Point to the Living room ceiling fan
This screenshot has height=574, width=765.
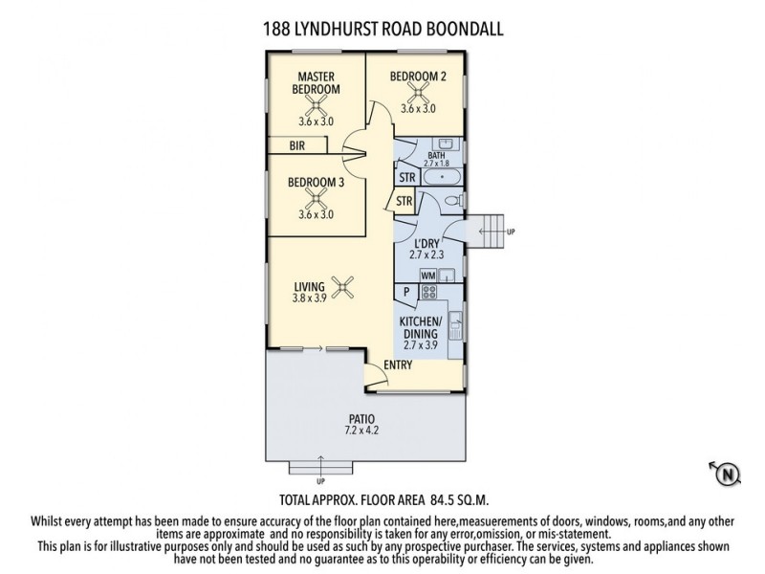(x=342, y=285)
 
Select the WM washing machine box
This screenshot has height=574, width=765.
(x=427, y=275)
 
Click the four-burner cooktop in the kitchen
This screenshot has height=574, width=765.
(x=429, y=293)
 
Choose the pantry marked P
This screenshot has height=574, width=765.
(x=405, y=293)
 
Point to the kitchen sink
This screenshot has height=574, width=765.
(x=456, y=320)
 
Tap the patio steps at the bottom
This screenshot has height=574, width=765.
(x=320, y=467)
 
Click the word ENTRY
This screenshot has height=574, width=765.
(x=399, y=365)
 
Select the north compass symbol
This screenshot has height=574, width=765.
(x=727, y=472)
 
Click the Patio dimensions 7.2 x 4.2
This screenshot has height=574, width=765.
(x=362, y=431)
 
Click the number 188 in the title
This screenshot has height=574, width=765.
(x=278, y=29)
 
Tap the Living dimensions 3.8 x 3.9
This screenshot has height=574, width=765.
(x=311, y=298)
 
